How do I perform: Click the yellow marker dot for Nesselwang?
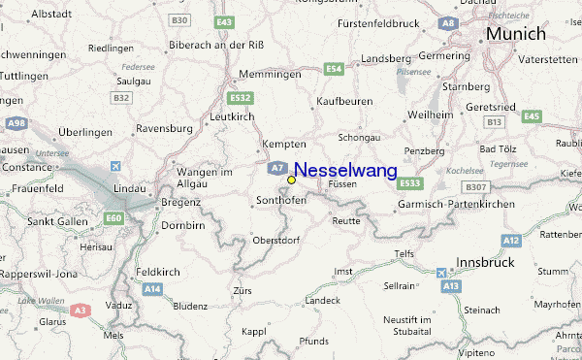(292, 180)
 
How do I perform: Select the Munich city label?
(516, 34)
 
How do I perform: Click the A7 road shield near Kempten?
(276, 166)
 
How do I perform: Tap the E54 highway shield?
(335, 69)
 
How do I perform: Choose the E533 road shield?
(411, 183)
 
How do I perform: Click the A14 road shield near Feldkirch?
(152, 289)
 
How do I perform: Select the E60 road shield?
(114, 218)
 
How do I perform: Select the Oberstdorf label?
(275, 240)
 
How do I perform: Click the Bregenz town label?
(181, 202)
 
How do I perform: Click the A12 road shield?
(511, 239)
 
